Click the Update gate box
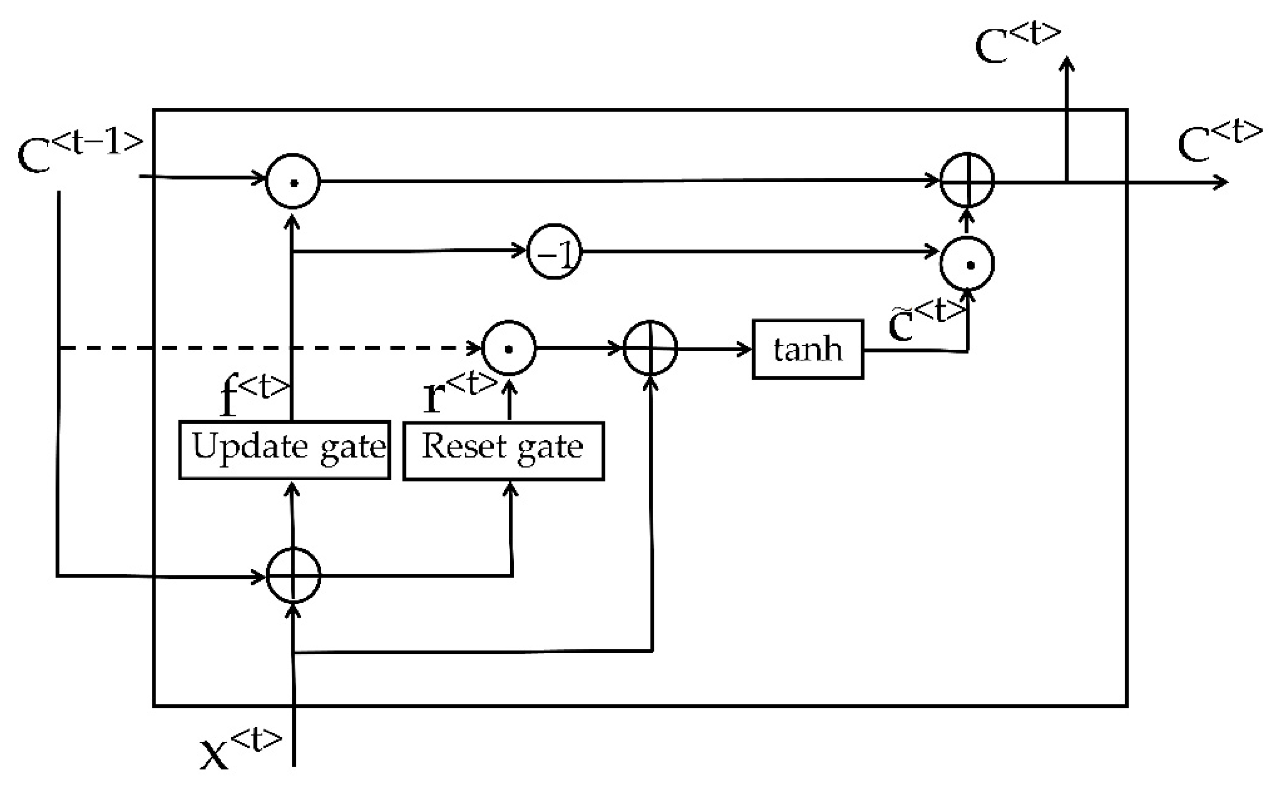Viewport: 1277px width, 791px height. [x=284, y=449]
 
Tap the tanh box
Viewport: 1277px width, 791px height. [x=808, y=349]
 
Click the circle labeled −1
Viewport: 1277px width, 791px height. [x=554, y=252]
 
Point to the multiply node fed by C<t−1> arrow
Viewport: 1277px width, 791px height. [x=293, y=181]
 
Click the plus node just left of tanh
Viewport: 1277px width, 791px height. [x=650, y=348]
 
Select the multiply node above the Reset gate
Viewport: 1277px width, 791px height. [x=509, y=348]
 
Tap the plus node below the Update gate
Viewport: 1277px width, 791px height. [x=293, y=575]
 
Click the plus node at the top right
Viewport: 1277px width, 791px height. [x=967, y=180]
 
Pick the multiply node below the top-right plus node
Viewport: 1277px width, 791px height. [x=967, y=264]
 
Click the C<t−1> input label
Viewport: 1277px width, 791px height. [x=78, y=151]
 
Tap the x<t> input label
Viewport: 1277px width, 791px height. [x=240, y=751]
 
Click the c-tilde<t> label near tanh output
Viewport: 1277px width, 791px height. [x=926, y=320]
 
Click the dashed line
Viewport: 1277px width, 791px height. [x=262, y=348]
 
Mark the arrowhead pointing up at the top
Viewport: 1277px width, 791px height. [x=1066, y=63]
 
